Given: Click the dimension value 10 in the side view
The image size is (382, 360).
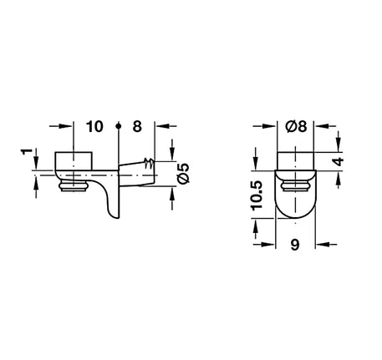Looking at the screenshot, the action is tap(94, 126).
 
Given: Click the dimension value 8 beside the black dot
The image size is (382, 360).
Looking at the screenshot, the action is tap(137, 126).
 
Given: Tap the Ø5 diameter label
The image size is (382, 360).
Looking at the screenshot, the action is tap(184, 173).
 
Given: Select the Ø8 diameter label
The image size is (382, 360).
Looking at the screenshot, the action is tap(296, 126).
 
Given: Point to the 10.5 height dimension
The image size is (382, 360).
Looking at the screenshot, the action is tap(257, 195).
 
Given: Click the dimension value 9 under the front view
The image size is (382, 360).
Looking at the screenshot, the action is tap(295, 245).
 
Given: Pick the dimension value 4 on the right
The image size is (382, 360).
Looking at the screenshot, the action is tap(339, 161).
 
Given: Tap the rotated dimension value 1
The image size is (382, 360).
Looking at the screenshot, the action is tap(27, 152).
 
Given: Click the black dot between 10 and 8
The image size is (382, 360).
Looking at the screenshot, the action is tap(119, 126).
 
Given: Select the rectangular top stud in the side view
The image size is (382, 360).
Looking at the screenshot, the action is tap(74, 160).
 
